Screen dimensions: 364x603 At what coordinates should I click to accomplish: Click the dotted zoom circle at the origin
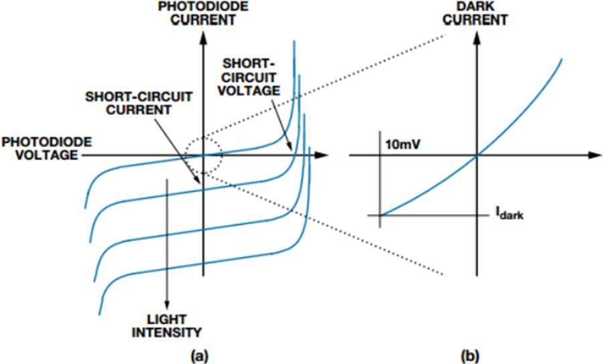(x=203, y=156)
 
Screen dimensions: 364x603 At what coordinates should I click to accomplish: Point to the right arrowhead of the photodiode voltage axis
(x=323, y=155)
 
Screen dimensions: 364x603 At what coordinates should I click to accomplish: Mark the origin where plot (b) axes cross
(x=476, y=156)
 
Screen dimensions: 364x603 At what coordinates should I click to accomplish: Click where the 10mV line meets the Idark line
(x=381, y=215)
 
